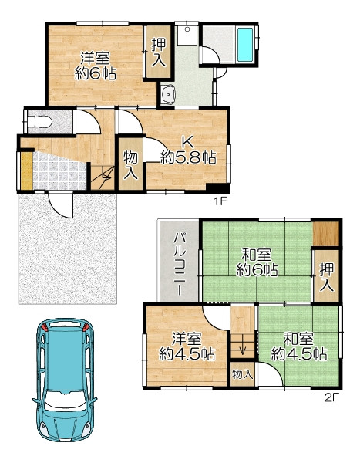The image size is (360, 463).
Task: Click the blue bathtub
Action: [x=245, y=45]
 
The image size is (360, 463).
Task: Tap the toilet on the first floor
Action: [x=39, y=122]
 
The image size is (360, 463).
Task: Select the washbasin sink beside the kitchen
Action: [x=168, y=94]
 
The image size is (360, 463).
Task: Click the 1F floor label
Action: [x=220, y=201]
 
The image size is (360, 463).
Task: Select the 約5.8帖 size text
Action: [x=188, y=157]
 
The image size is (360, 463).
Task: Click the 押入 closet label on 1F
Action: [x=158, y=52]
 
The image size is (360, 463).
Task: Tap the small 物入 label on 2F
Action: [x=243, y=374]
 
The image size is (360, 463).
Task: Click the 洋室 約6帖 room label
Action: [x=95, y=66]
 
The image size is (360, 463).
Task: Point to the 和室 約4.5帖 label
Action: [x=299, y=346]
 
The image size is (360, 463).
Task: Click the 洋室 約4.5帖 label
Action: [x=187, y=346]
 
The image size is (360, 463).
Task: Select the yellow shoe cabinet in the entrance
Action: [x=26, y=171]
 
